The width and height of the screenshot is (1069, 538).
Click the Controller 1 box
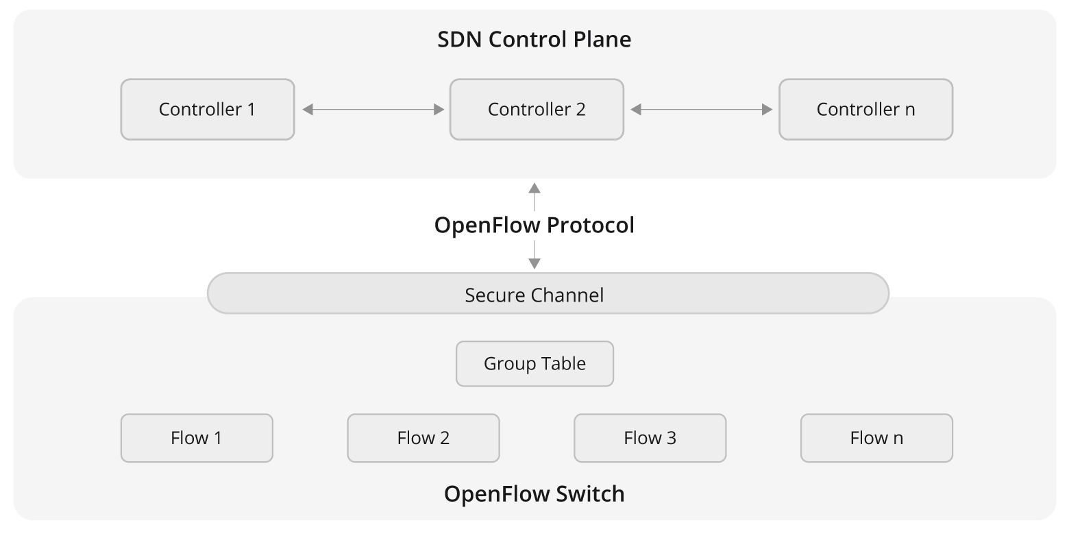207,110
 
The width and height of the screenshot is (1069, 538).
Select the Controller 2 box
537,110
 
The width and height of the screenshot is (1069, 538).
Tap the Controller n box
865,110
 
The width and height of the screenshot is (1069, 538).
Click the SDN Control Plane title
534,39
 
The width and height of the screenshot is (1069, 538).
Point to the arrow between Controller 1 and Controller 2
373,110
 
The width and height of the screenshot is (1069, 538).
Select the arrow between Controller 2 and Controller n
701,110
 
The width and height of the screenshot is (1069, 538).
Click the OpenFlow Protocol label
534,225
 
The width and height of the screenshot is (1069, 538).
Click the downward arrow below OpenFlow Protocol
534,255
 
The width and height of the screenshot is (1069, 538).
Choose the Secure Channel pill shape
548,294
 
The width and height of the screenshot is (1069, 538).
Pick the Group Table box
534,364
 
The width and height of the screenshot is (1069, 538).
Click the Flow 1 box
197,438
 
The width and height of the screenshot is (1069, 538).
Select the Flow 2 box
423,438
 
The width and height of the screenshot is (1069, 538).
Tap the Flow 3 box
650,438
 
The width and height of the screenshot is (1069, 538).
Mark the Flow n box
876,438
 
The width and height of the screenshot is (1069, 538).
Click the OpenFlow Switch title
534,494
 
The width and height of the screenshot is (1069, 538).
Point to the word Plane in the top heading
603,39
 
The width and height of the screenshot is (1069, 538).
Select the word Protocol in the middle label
591,225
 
